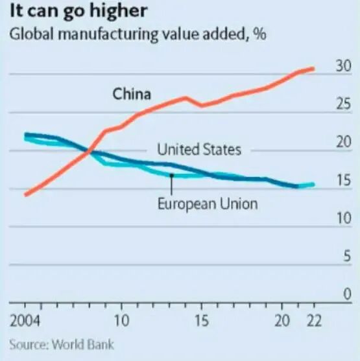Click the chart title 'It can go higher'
coord(77,12)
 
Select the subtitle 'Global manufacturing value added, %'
coord(137,34)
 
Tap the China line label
coord(132,94)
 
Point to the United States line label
coord(199,150)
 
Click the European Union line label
coord(208,204)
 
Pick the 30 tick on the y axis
coord(343,65)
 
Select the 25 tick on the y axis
coord(343,104)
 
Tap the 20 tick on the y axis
coord(343,142)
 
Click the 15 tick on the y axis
coord(343,180)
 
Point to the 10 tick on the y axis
coord(343,218)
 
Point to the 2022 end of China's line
coord(314,68)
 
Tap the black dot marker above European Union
coord(171,174)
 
